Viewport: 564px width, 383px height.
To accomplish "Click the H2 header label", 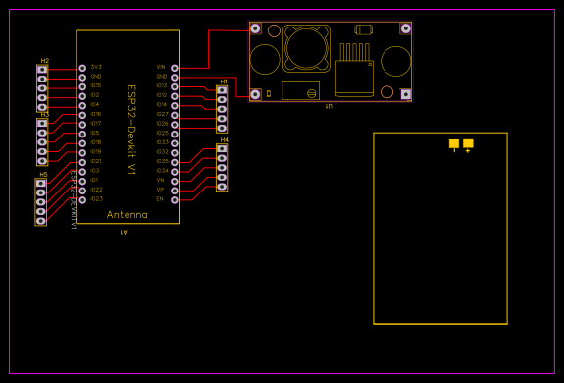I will click(x=44, y=61).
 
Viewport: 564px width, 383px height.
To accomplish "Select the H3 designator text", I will click(x=44, y=115).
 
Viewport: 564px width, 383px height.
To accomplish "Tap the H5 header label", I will click(x=43, y=175).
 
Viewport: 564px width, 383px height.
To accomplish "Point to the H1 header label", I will click(x=224, y=82).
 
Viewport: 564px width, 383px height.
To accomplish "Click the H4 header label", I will click(x=224, y=140).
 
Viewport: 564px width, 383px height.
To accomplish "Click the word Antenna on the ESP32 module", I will click(x=128, y=214).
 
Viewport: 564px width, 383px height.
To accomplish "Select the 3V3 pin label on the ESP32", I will click(x=95, y=67).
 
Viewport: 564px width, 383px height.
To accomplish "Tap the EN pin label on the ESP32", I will click(x=160, y=199).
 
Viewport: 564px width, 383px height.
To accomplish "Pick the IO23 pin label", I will click(x=95, y=199).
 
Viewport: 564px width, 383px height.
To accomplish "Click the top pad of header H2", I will click(x=41, y=70).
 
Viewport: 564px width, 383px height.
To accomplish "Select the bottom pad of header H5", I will click(x=41, y=221).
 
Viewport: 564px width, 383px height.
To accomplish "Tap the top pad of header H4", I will click(x=222, y=149).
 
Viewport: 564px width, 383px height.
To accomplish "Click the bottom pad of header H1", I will click(x=222, y=128).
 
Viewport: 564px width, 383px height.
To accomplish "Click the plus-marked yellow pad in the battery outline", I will click(x=468, y=143).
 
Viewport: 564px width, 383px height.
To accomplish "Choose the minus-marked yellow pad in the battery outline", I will click(x=454, y=143).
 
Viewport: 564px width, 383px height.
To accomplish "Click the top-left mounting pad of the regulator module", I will click(x=256, y=28).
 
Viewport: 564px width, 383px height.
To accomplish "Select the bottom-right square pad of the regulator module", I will click(x=406, y=94).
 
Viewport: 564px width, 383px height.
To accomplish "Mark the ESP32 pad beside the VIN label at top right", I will click(x=175, y=68).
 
